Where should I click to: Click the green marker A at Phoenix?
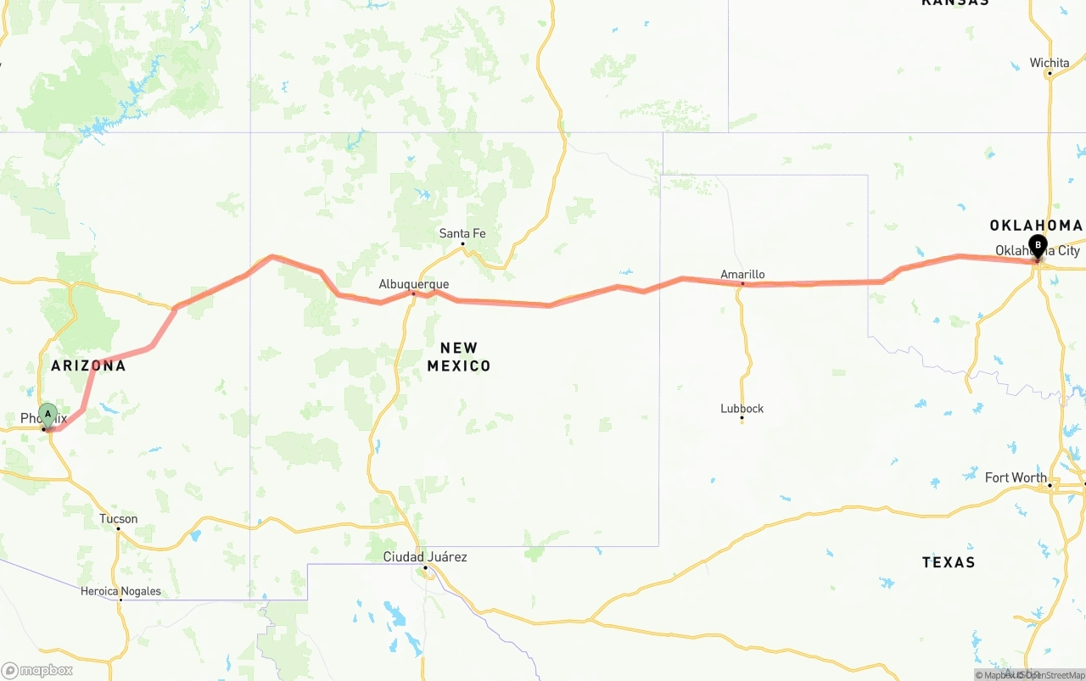48,415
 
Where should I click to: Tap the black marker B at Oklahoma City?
1038,246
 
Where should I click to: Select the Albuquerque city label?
414,284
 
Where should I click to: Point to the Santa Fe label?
462,233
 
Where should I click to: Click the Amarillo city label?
742,274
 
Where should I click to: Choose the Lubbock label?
742,408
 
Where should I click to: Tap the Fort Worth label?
1016,477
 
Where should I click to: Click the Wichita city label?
1050,63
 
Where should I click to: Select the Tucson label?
118,518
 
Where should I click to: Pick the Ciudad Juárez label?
425,556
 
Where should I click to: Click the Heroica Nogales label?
120,591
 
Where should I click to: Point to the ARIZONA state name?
88,366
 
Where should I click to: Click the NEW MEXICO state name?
459,356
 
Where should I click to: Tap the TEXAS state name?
949,561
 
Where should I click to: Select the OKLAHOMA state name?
1036,225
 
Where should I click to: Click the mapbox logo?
37,670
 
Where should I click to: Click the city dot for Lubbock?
742,418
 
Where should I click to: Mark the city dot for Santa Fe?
462,244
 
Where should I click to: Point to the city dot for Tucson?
118,528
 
